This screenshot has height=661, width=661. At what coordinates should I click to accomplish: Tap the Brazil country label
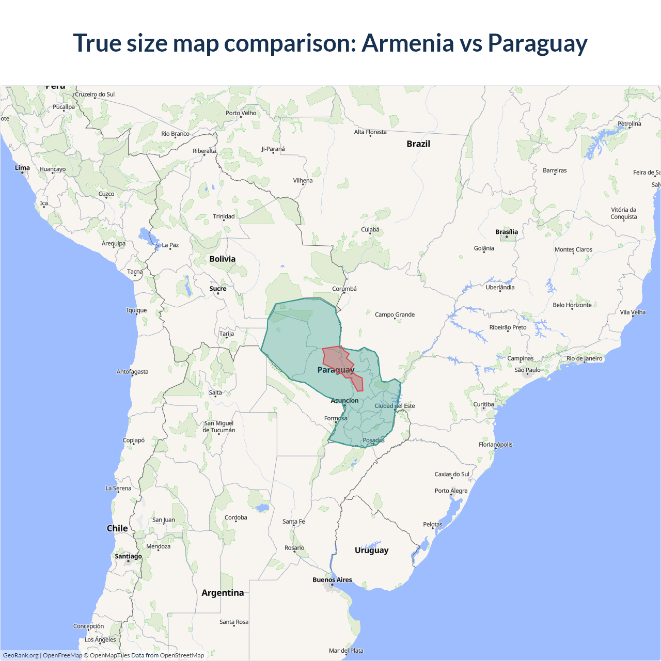point(418,144)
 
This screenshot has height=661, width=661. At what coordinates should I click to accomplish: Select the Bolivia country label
point(223,259)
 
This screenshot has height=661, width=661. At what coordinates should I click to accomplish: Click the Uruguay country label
point(371,550)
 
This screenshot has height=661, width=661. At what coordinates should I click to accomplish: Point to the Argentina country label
point(223,593)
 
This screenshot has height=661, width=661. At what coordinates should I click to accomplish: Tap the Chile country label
point(117,528)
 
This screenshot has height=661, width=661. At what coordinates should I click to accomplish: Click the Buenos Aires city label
point(332,580)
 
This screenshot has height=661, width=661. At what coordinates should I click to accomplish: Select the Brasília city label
point(507,232)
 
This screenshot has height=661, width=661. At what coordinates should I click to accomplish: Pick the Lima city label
point(22,168)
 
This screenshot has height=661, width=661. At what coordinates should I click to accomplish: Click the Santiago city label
point(128,556)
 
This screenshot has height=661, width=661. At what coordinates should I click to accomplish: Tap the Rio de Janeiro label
point(584,358)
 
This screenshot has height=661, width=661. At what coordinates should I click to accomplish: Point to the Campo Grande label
point(395,314)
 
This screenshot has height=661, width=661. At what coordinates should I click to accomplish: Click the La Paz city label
point(170,245)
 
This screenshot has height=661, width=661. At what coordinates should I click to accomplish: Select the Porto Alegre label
point(451,491)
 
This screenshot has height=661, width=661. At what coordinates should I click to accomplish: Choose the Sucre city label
point(218,289)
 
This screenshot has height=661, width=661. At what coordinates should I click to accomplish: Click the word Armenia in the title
point(407,43)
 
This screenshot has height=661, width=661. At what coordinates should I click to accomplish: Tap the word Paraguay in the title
point(538,43)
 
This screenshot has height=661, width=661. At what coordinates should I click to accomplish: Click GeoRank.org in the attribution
point(21,655)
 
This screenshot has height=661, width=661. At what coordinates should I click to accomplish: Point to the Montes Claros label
point(573,249)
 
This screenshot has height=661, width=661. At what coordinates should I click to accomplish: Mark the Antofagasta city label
point(132,372)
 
